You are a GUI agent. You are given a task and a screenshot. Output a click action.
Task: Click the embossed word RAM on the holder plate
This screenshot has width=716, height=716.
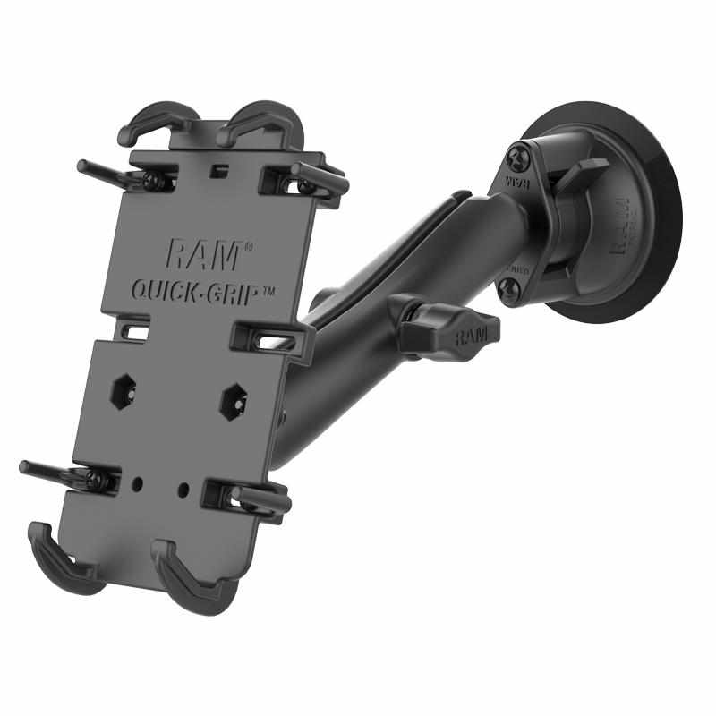click(202, 255)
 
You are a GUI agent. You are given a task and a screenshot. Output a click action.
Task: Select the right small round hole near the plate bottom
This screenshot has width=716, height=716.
click(183, 489)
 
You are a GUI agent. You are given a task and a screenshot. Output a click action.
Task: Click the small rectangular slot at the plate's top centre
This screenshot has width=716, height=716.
click(213, 166)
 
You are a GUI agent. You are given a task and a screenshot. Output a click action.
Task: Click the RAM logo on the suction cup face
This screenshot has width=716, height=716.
click(623, 224)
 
